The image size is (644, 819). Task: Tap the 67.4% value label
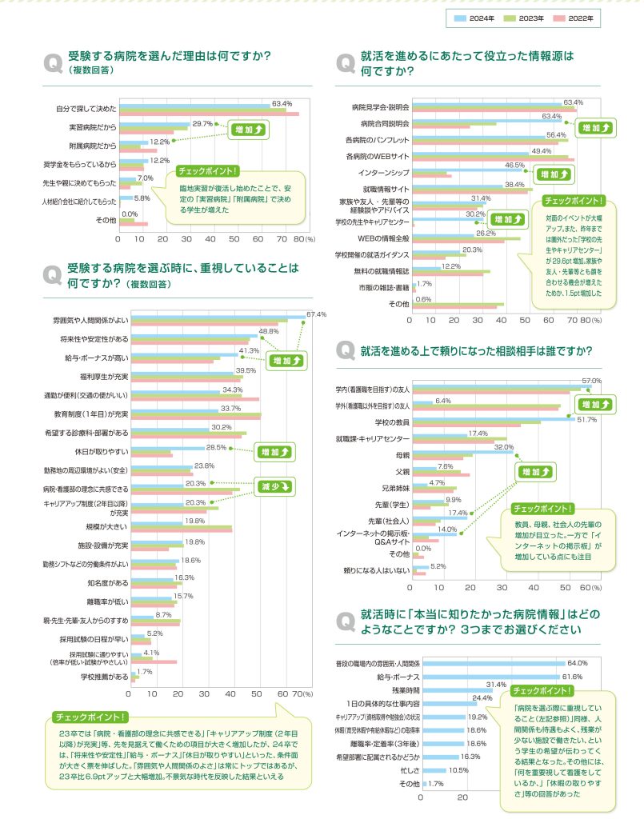click(317, 314)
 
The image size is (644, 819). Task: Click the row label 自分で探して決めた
click(86, 108)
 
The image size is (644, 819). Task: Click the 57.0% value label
click(591, 381)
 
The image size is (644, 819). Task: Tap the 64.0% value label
click(577, 663)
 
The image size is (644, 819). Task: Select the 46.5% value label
click(514, 166)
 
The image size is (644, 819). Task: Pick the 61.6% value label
click(571, 677)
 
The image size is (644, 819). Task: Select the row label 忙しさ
click(408, 770)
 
